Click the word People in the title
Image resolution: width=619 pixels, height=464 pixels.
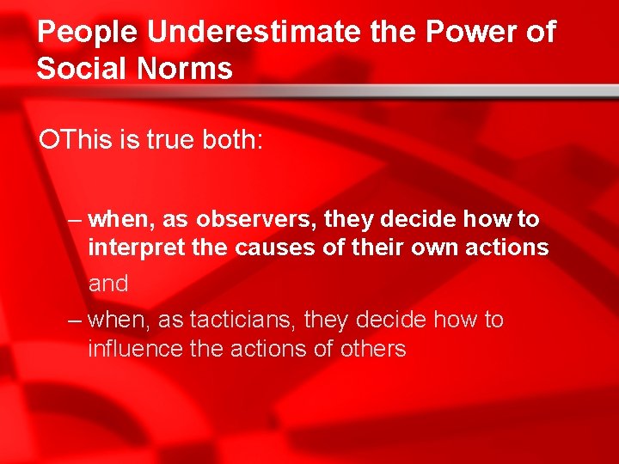coord(89,33)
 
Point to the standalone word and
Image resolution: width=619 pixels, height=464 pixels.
coord(108,284)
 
